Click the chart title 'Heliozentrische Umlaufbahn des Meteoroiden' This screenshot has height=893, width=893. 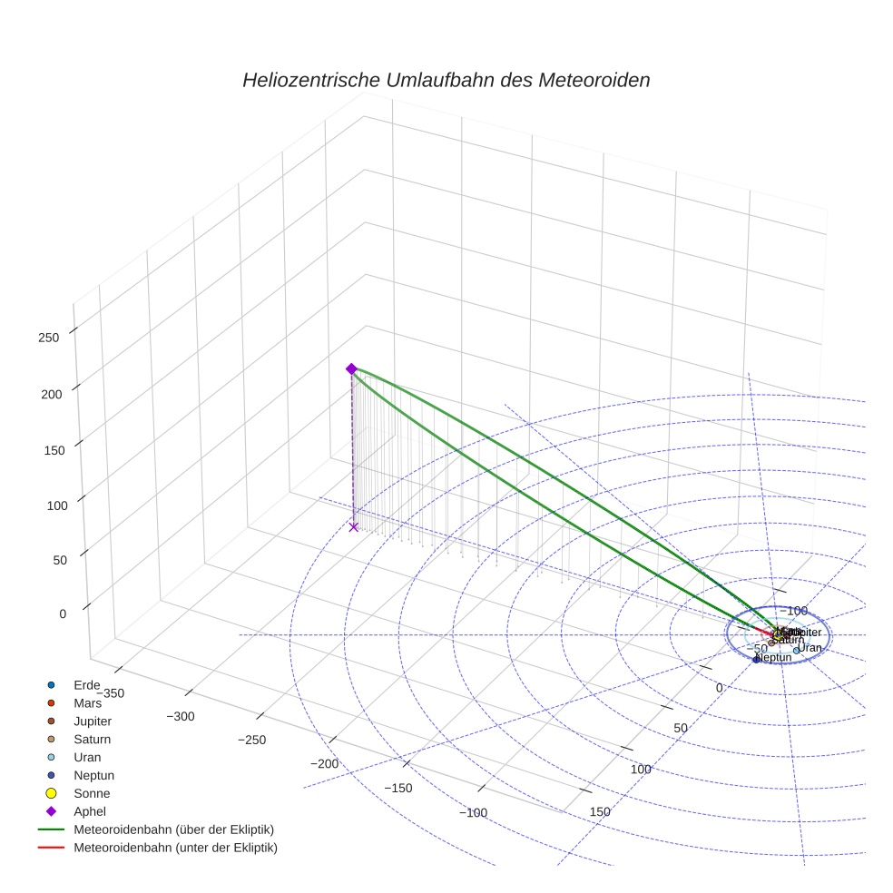(x=446, y=80)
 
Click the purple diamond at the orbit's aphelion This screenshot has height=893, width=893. (x=351, y=368)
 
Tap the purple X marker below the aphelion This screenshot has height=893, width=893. (x=354, y=527)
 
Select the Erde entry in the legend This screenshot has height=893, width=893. (x=87, y=684)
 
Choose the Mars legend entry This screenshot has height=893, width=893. (x=87, y=702)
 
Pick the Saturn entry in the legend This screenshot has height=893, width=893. (x=92, y=739)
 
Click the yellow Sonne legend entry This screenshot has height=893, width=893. (x=92, y=793)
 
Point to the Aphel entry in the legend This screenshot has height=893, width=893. (x=90, y=811)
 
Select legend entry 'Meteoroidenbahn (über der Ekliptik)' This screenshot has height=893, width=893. (x=173, y=829)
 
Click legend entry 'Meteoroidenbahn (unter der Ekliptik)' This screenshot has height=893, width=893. (x=175, y=848)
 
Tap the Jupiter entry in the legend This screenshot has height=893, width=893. (x=92, y=721)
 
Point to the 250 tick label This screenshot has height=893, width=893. (x=47, y=338)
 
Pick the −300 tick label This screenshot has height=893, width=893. (x=181, y=716)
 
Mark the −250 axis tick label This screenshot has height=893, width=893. (x=251, y=740)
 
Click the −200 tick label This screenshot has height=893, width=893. (x=324, y=763)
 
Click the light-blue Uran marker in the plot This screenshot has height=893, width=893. (x=796, y=651)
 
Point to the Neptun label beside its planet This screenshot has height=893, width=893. (x=773, y=658)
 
